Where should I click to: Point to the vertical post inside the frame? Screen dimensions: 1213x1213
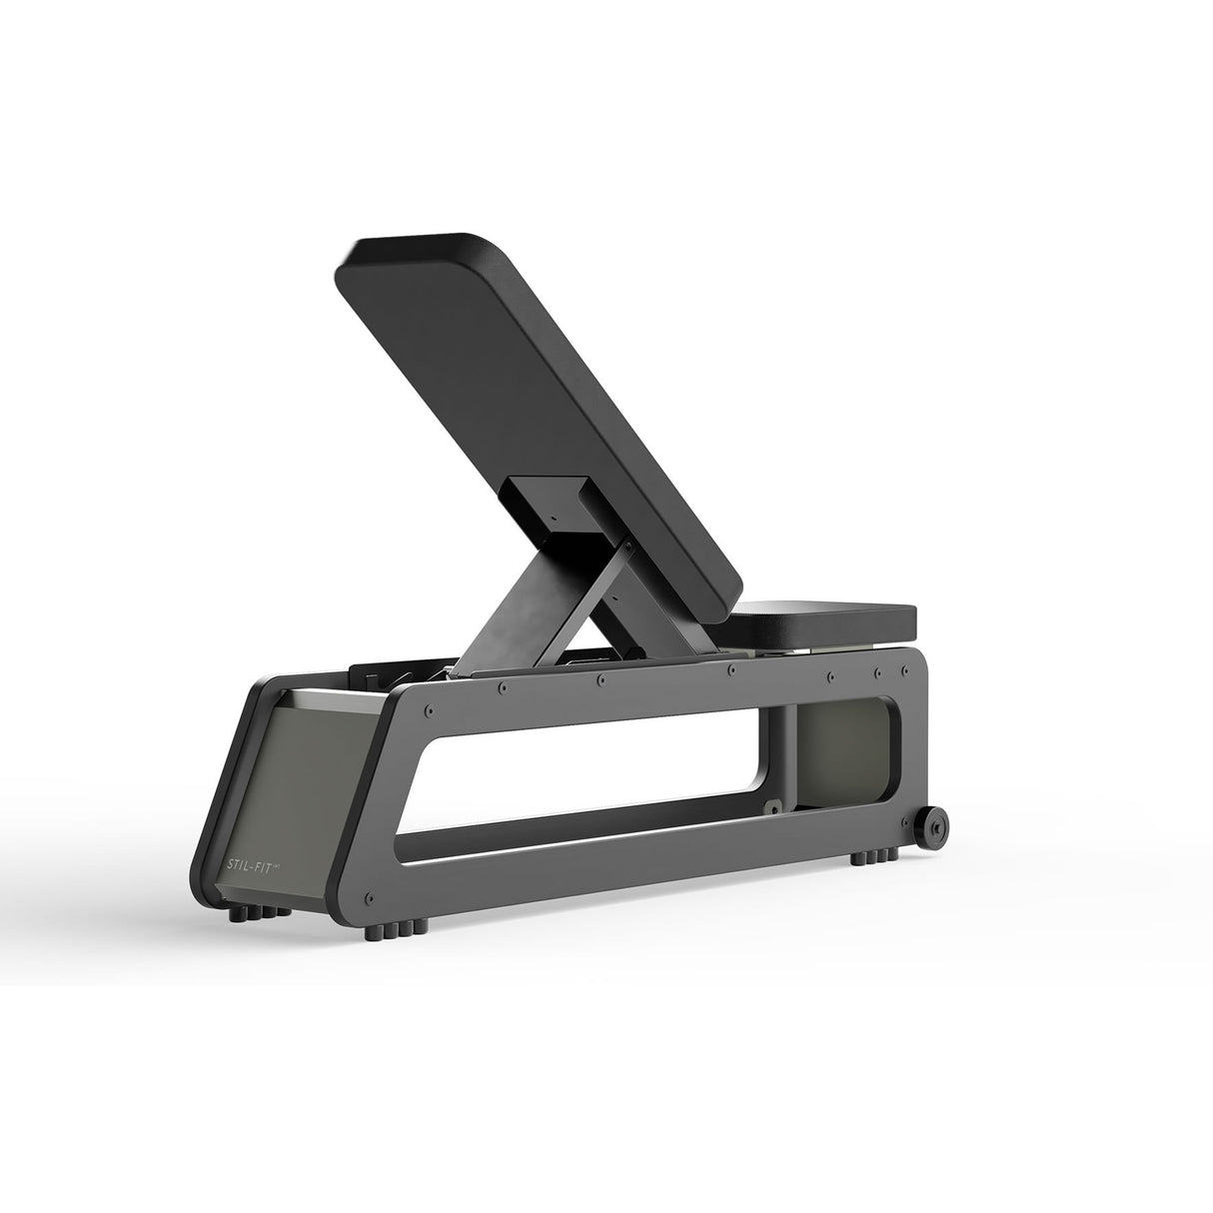tap(786, 749)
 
